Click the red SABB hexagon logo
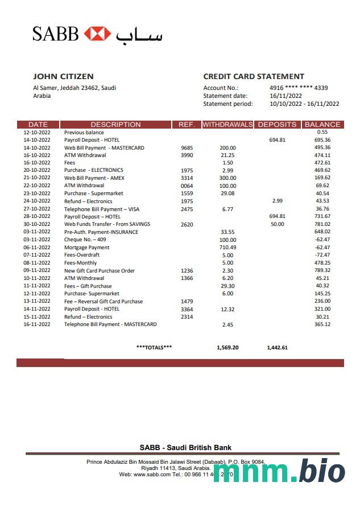click(x=97, y=34)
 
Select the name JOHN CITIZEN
click(x=63, y=76)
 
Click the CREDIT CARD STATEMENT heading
click(x=254, y=76)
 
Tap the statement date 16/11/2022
click(x=285, y=96)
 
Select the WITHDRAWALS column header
click(x=227, y=124)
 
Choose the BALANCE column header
click(x=322, y=124)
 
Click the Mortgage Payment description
click(x=87, y=248)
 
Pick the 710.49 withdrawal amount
click(x=227, y=248)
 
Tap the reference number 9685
click(x=187, y=147)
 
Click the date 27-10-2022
click(x=37, y=209)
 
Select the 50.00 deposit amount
click(x=277, y=224)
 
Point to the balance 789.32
click(x=322, y=270)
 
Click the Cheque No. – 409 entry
click(x=85, y=240)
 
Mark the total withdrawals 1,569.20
click(x=227, y=347)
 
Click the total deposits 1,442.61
click(x=277, y=347)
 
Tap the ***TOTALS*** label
click(x=154, y=347)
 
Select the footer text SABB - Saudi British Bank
click(x=185, y=447)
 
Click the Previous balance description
click(x=84, y=132)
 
